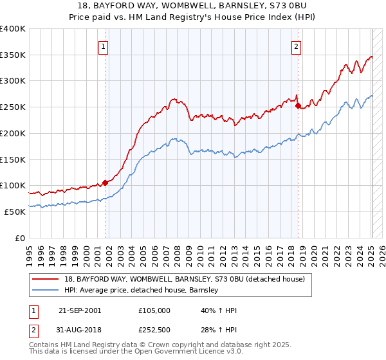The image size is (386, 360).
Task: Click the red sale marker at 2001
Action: (x=105, y=183)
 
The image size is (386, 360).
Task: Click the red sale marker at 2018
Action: (x=298, y=106)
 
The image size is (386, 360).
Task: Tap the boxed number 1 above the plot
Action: (x=103, y=46)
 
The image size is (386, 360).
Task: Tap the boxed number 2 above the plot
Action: (x=296, y=46)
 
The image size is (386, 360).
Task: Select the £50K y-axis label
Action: (x=14, y=212)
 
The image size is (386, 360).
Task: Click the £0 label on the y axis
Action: (x=19, y=238)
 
